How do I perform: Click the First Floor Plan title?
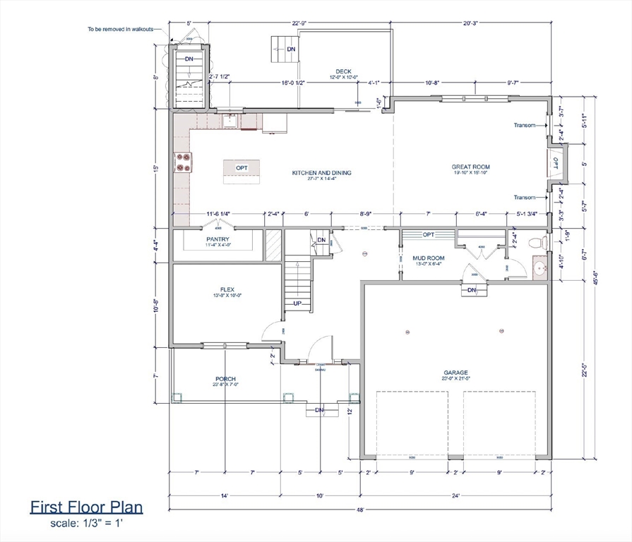point(86,507)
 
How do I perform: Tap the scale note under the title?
point(86,524)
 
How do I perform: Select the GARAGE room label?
point(455,373)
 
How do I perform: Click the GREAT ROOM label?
point(470,167)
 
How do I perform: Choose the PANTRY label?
point(219,239)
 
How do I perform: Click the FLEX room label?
point(227,289)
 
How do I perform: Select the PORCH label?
point(225,379)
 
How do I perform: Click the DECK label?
point(343,71)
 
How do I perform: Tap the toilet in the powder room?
point(542,243)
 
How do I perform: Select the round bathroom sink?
point(541,269)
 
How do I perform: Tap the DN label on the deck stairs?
point(291,49)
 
